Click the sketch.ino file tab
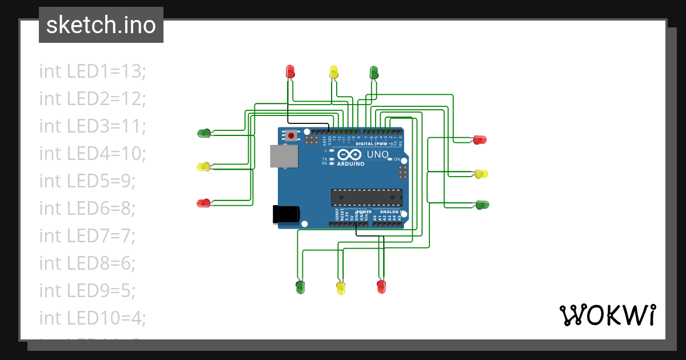coord(101,25)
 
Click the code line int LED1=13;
coord(93,71)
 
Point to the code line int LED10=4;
coord(93,317)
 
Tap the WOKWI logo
coord(607,315)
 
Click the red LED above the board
coord(290,71)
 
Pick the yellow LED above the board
coord(334,72)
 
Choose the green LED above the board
coord(374,72)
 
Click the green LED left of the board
coord(204,133)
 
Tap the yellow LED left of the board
coord(204,167)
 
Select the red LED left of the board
coord(204,203)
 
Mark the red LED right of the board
coord(480,139)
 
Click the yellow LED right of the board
coord(481,174)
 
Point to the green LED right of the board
coord(482,205)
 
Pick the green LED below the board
coord(300,286)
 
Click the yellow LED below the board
coord(341,287)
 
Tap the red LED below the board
coord(381,286)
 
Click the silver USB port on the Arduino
coord(284,156)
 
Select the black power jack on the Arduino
coord(286,214)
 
